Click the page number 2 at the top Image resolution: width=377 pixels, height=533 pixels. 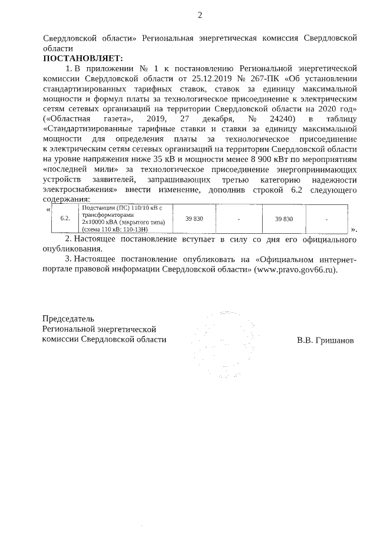200,15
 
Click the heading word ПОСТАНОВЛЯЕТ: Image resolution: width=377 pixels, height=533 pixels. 83,58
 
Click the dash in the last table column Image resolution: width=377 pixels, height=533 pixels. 342,219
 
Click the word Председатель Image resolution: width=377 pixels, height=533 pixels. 68,319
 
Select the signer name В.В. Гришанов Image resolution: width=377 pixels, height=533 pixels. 326,340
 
